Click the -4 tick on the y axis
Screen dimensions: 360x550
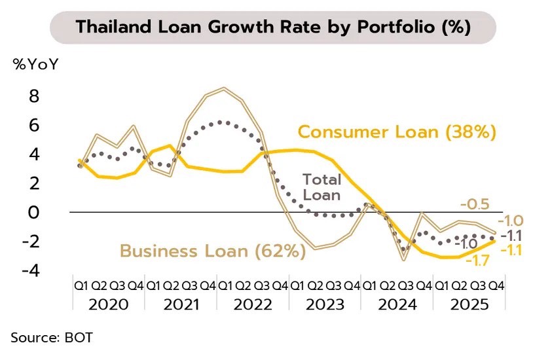click(x=30, y=270)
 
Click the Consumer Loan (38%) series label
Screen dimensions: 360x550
click(x=397, y=132)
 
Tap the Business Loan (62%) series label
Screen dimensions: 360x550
click(x=212, y=251)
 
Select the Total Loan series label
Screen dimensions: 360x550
click(x=321, y=187)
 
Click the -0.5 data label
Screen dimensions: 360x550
click(x=474, y=204)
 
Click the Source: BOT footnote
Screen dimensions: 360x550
click(x=52, y=337)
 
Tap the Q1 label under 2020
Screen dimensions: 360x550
click(x=81, y=285)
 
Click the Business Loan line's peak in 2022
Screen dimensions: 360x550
click(x=224, y=88)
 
